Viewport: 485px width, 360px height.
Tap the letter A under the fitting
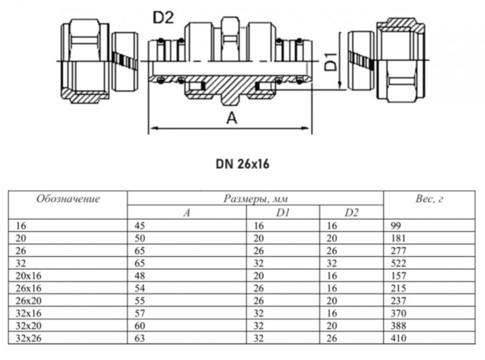[232, 118]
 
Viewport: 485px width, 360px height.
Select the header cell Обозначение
[68, 199]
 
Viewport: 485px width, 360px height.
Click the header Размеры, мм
[255, 199]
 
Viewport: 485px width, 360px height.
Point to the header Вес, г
[430, 199]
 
